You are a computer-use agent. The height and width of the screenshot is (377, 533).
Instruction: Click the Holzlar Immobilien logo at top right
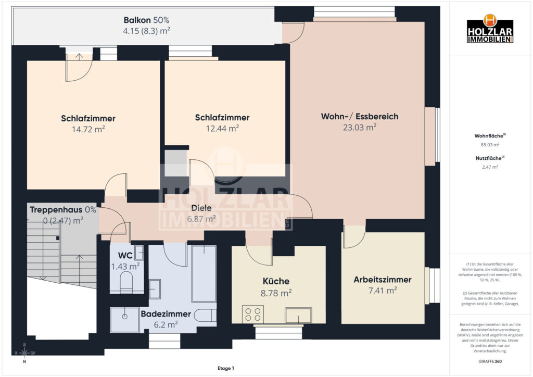tap(490, 29)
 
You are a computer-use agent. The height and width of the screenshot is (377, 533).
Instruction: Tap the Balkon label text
tap(137, 20)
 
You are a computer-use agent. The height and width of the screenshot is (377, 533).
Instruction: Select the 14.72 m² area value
tap(88, 129)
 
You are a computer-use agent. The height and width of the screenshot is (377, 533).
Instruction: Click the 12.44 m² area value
tap(222, 128)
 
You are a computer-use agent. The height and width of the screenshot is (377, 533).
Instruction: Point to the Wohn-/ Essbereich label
tap(360, 116)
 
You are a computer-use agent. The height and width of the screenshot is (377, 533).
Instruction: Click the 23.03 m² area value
tap(360, 127)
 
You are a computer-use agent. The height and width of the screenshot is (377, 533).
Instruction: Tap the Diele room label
tap(201, 208)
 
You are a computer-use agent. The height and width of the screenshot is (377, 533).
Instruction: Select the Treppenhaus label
tap(56, 210)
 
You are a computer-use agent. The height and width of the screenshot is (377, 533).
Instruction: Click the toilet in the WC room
tap(126, 281)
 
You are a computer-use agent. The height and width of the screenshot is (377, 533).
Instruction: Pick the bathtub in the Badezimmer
tap(204, 274)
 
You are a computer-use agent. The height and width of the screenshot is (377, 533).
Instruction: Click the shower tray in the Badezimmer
tap(125, 320)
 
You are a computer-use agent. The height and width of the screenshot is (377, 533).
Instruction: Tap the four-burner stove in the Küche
tap(252, 315)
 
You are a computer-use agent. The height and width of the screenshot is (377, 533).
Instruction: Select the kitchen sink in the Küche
tap(298, 316)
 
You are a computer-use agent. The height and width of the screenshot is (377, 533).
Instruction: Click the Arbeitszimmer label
tap(383, 280)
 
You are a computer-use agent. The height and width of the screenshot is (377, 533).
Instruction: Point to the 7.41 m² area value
tap(383, 291)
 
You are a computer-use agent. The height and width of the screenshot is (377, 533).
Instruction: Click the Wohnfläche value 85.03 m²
tap(490, 145)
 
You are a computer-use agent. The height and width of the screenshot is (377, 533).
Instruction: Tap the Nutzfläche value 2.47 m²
tap(490, 167)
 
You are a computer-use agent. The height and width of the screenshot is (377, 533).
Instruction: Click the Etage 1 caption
tap(226, 368)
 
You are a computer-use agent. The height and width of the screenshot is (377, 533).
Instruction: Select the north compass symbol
tap(24, 354)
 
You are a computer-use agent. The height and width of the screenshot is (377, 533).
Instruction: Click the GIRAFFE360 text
tap(490, 361)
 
